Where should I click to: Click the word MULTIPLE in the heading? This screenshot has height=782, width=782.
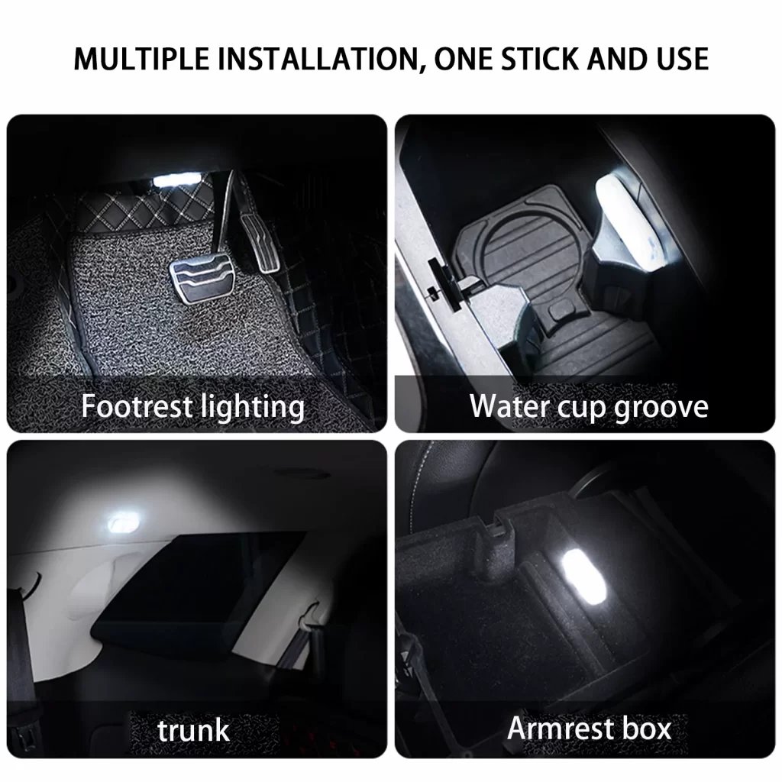click(x=141, y=58)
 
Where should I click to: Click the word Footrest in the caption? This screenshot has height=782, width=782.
click(x=137, y=406)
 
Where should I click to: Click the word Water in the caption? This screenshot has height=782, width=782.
click(x=509, y=406)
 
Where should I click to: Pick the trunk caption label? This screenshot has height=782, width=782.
click(x=193, y=731)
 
